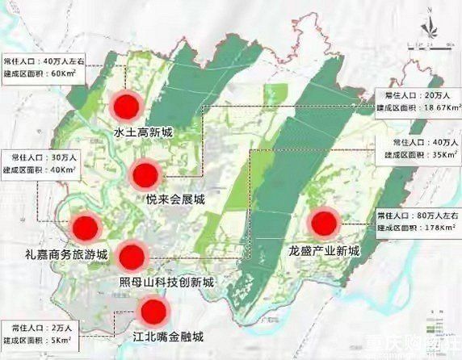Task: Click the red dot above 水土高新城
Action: tap(126, 106)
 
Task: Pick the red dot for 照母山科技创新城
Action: tap(131, 257)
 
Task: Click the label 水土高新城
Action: tap(143, 133)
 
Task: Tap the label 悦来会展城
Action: tap(175, 199)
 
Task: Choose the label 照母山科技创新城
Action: tap(166, 283)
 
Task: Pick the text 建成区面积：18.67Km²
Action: tap(418, 107)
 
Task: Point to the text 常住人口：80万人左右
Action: tap(416, 216)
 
